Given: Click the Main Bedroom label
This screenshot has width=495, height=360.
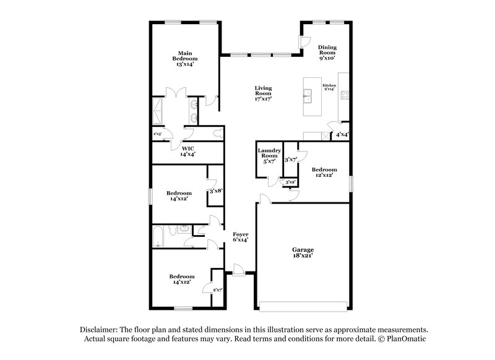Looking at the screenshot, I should click(184, 58).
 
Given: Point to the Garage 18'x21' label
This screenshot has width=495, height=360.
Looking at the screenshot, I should click(303, 253).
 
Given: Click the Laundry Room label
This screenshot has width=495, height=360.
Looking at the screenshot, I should click(270, 156).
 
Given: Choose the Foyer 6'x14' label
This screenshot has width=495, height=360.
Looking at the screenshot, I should click(240, 237).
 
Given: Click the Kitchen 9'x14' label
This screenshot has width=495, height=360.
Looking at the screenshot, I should click(329, 87).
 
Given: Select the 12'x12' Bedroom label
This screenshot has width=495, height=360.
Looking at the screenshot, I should click(324, 173).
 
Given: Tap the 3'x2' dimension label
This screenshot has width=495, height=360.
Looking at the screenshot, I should click(288, 182).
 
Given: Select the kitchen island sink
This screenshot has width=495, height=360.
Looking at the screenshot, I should click(308, 95).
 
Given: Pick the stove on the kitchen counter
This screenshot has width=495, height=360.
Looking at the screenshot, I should click(344, 95).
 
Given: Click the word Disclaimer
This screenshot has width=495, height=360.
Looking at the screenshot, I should click(98, 330).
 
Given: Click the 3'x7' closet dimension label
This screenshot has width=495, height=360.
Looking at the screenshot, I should click(290, 160).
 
